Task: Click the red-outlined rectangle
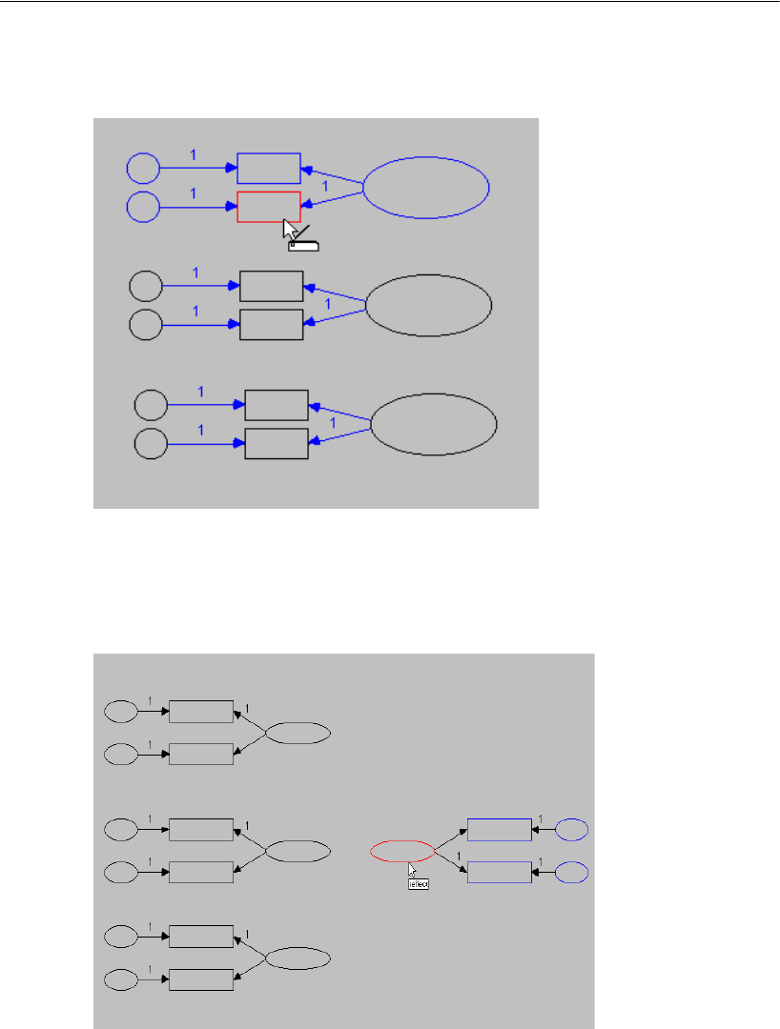pos(268,207)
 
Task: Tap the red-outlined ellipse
pos(401,851)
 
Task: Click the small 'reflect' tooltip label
pos(420,884)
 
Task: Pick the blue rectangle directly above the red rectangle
pos(268,168)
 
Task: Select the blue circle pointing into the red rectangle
pos(143,207)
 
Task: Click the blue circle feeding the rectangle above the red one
pos(143,169)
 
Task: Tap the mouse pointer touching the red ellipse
pos(412,869)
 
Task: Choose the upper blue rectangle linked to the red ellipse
pos(499,830)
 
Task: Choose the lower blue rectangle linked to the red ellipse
pos(499,872)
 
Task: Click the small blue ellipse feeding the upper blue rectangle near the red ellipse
pos(571,830)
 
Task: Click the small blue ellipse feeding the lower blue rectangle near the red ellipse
pos(571,872)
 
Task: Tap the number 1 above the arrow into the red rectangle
pos(194,192)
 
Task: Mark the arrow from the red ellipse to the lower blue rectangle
pos(450,861)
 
